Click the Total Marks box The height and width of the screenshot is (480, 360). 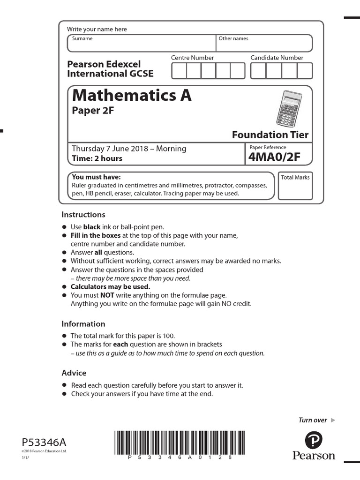coord(295,186)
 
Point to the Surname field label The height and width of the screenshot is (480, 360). coord(82,39)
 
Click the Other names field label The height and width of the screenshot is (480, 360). coord(233,39)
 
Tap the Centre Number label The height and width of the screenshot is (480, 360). coord(192,58)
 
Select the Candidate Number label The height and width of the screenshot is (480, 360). coord(277,58)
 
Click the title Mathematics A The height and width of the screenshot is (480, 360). coord(132,96)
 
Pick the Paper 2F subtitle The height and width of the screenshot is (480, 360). coord(93,111)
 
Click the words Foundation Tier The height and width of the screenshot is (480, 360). coord(270,135)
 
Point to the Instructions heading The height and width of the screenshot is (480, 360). coord(83,215)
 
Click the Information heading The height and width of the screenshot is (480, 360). coord(83,324)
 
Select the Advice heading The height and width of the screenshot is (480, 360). coord(74,373)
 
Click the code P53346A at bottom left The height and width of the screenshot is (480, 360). coord(45,442)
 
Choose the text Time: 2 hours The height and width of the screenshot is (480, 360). coord(97,158)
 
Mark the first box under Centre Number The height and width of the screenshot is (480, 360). coord(180,71)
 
